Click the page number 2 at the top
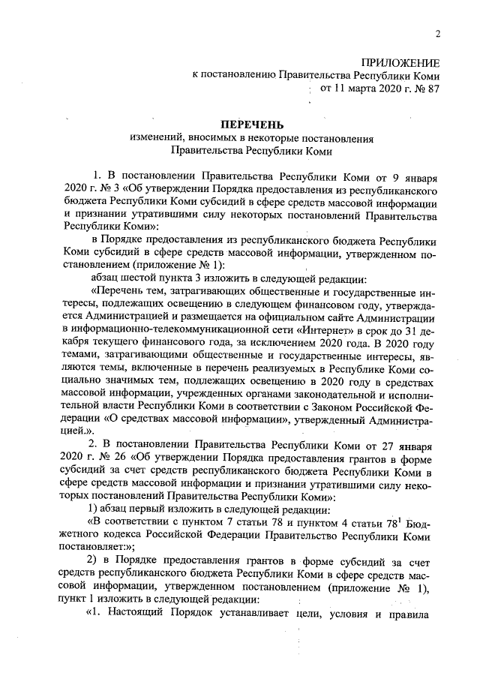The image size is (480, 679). point(436,33)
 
